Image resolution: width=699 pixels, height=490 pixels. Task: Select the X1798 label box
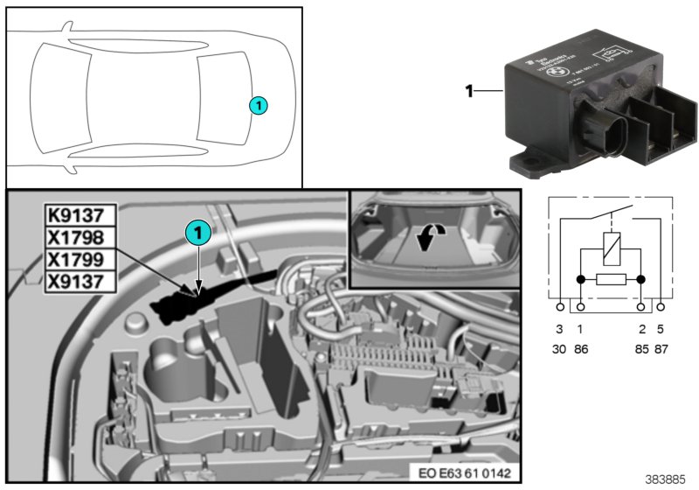(x=77, y=236)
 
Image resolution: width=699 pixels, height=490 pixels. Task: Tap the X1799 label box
(x=77, y=259)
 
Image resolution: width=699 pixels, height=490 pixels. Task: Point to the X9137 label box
(x=77, y=281)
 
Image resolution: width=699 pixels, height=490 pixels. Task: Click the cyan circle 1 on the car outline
(x=258, y=105)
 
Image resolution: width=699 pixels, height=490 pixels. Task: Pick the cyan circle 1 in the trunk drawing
(x=198, y=232)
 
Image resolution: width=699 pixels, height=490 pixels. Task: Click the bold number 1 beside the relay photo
(x=469, y=89)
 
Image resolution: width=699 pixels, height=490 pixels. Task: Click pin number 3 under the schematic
(x=560, y=329)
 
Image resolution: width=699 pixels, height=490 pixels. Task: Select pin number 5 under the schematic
(x=661, y=329)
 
